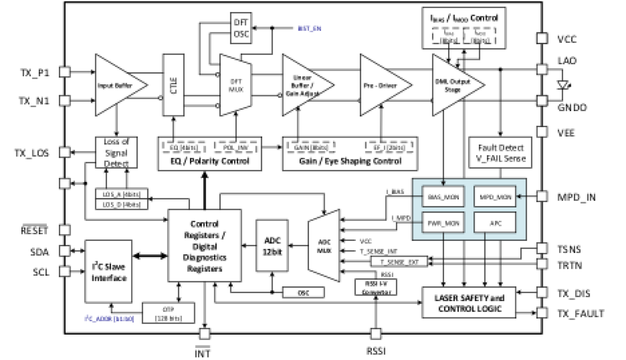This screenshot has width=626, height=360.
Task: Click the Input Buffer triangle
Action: (117, 85)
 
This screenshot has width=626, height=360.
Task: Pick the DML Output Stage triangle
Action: (454, 85)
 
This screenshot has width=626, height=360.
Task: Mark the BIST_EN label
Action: (309, 28)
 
